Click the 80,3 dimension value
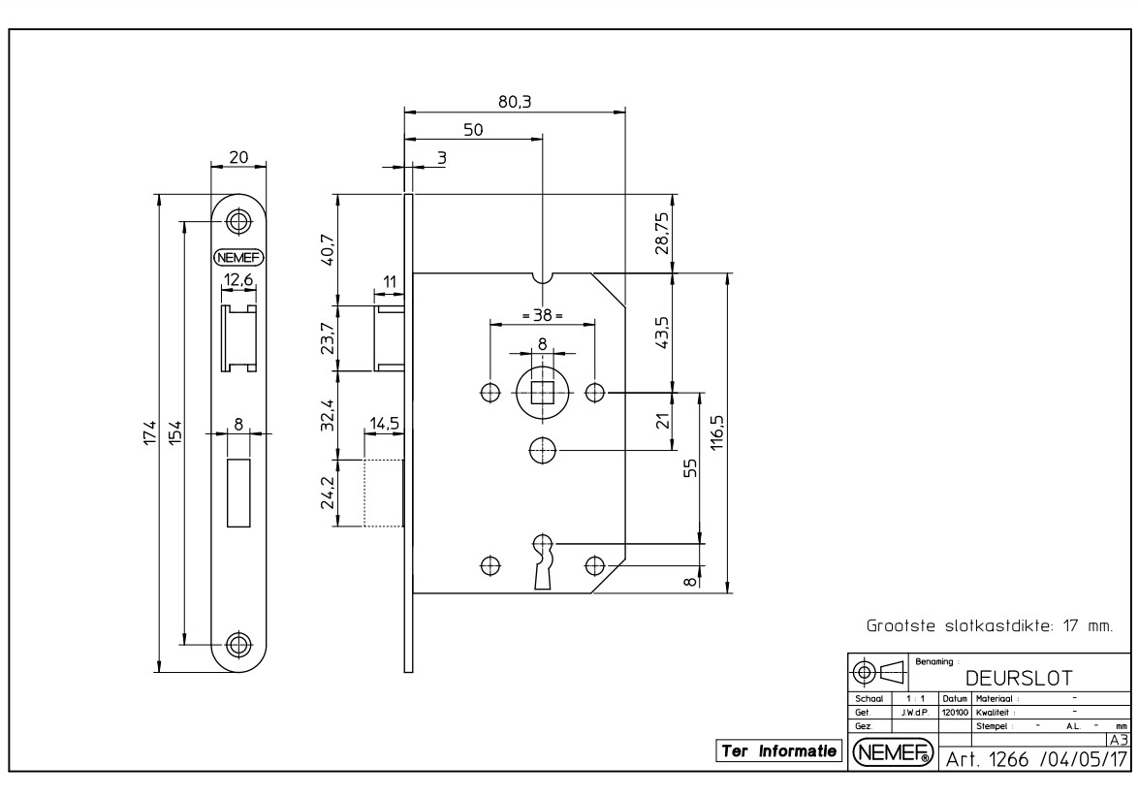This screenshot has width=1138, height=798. click(514, 101)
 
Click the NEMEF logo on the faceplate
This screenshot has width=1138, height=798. click(238, 257)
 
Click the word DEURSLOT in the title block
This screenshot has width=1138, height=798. click(1018, 675)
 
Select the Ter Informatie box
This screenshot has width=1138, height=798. click(778, 750)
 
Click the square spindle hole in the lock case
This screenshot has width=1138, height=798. click(543, 392)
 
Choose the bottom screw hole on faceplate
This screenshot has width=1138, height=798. click(238, 643)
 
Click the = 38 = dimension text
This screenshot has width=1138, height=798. click(543, 315)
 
